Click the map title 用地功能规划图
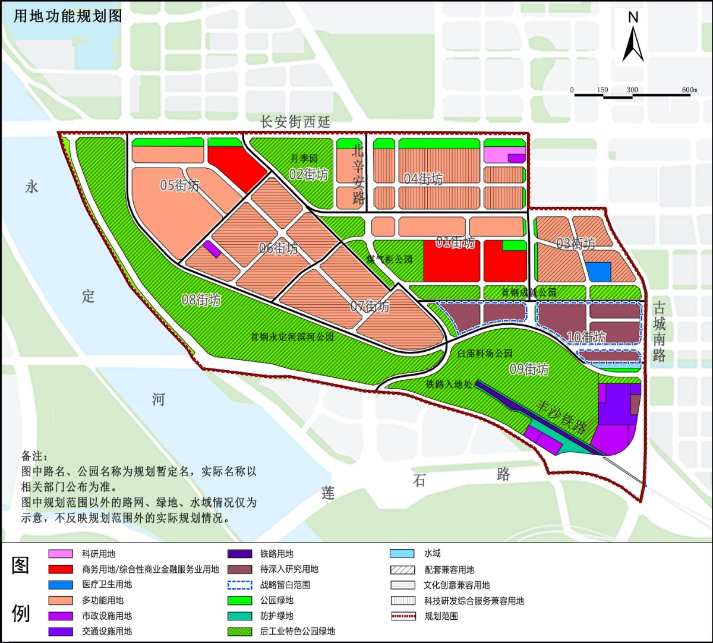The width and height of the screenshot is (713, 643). click(x=68, y=16)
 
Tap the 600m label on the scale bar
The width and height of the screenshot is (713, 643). click(x=689, y=90)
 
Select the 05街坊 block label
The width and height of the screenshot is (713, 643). click(x=179, y=185)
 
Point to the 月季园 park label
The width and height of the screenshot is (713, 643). click(x=304, y=159)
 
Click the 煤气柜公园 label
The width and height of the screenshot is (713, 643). click(x=389, y=260)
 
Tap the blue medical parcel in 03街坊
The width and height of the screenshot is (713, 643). click(x=598, y=272)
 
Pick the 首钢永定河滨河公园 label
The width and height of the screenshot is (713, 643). click(x=292, y=337)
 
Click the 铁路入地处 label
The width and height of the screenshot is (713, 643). click(x=449, y=384)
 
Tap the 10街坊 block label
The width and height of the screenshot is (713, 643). click(x=586, y=338)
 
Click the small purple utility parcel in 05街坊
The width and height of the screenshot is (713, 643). click(x=212, y=249)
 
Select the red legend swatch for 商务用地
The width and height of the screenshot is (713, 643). click(x=61, y=569)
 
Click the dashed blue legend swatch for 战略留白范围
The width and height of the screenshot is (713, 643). click(x=239, y=585)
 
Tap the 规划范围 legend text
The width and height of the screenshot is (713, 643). click(x=441, y=616)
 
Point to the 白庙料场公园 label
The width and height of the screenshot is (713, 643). click(x=485, y=353)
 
